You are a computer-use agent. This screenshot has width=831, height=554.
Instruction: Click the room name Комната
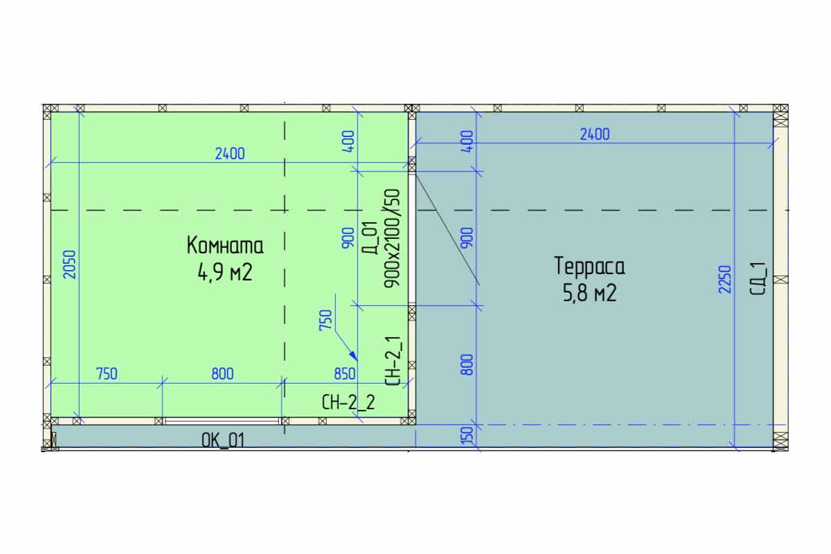[225, 245]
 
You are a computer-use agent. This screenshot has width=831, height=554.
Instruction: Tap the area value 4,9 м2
[225, 272]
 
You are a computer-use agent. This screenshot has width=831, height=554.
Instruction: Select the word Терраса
[589, 267]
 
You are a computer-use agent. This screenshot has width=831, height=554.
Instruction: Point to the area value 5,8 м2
[590, 293]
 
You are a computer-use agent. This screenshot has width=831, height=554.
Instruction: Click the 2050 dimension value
[70, 265]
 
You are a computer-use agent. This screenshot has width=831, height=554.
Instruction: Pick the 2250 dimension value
[725, 279]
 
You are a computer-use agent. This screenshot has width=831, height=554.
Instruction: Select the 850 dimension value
[345, 374]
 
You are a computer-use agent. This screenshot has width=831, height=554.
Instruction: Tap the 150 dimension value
[469, 434]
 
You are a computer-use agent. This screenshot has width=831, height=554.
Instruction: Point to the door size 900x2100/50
[393, 239]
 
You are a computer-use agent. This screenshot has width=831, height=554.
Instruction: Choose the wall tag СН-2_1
[393, 361]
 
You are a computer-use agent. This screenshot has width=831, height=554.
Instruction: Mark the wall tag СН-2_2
[348, 402]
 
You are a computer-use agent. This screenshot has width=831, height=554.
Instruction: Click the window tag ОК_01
[223, 441]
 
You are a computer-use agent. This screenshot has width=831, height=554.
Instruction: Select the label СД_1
[758, 278]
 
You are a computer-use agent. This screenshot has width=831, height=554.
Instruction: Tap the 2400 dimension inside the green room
[230, 154]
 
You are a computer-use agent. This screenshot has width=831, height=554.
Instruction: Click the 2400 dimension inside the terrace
[595, 134]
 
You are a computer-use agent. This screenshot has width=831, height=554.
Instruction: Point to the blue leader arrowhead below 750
[354, 355]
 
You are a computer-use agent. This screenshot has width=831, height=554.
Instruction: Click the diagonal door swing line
[447, 229]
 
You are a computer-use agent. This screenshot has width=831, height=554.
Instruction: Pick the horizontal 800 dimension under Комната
[222, 374]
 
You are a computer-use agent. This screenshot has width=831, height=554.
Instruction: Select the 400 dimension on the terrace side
[469, 141]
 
